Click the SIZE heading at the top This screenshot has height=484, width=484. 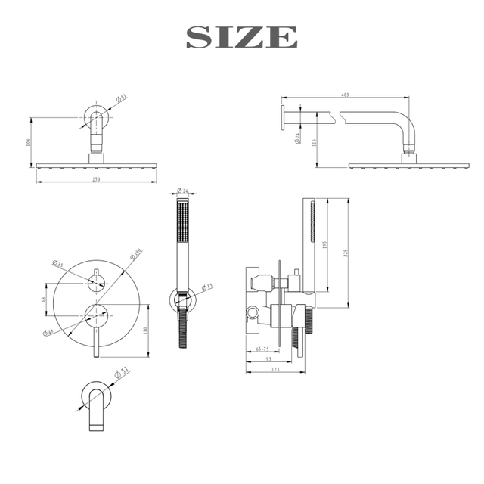pos(242,36)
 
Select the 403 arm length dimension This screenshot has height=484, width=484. pos(344,95)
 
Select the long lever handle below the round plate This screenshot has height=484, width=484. pos(95,340)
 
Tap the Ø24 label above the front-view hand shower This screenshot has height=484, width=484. pos(181,190)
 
